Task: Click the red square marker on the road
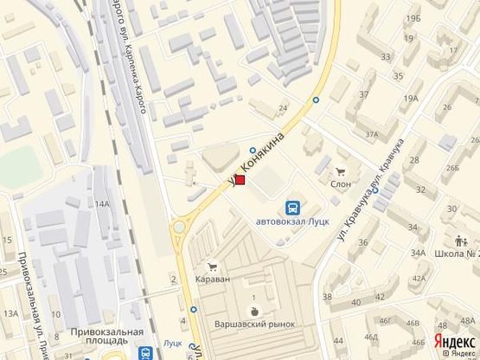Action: point(241,181)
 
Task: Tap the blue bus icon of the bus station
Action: point(293,208)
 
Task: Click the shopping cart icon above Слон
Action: point(340,171)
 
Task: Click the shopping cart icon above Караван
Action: point(209,267)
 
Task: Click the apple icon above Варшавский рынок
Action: point(254,310)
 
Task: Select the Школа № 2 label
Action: point(459,254)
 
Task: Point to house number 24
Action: point(283,108)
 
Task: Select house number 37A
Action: point(373,134)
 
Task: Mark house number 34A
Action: point(419,253)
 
